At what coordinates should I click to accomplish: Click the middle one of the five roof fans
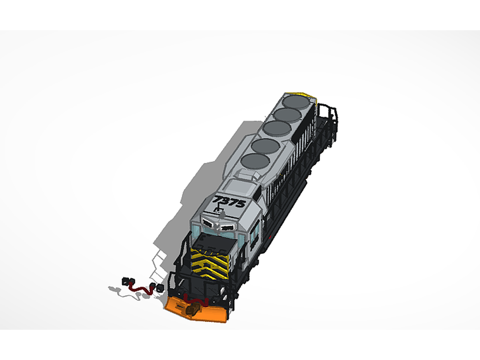278,128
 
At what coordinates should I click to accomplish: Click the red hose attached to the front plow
197,302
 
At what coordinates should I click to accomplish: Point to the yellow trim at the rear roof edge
300,94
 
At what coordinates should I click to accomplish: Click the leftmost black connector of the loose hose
126,281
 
